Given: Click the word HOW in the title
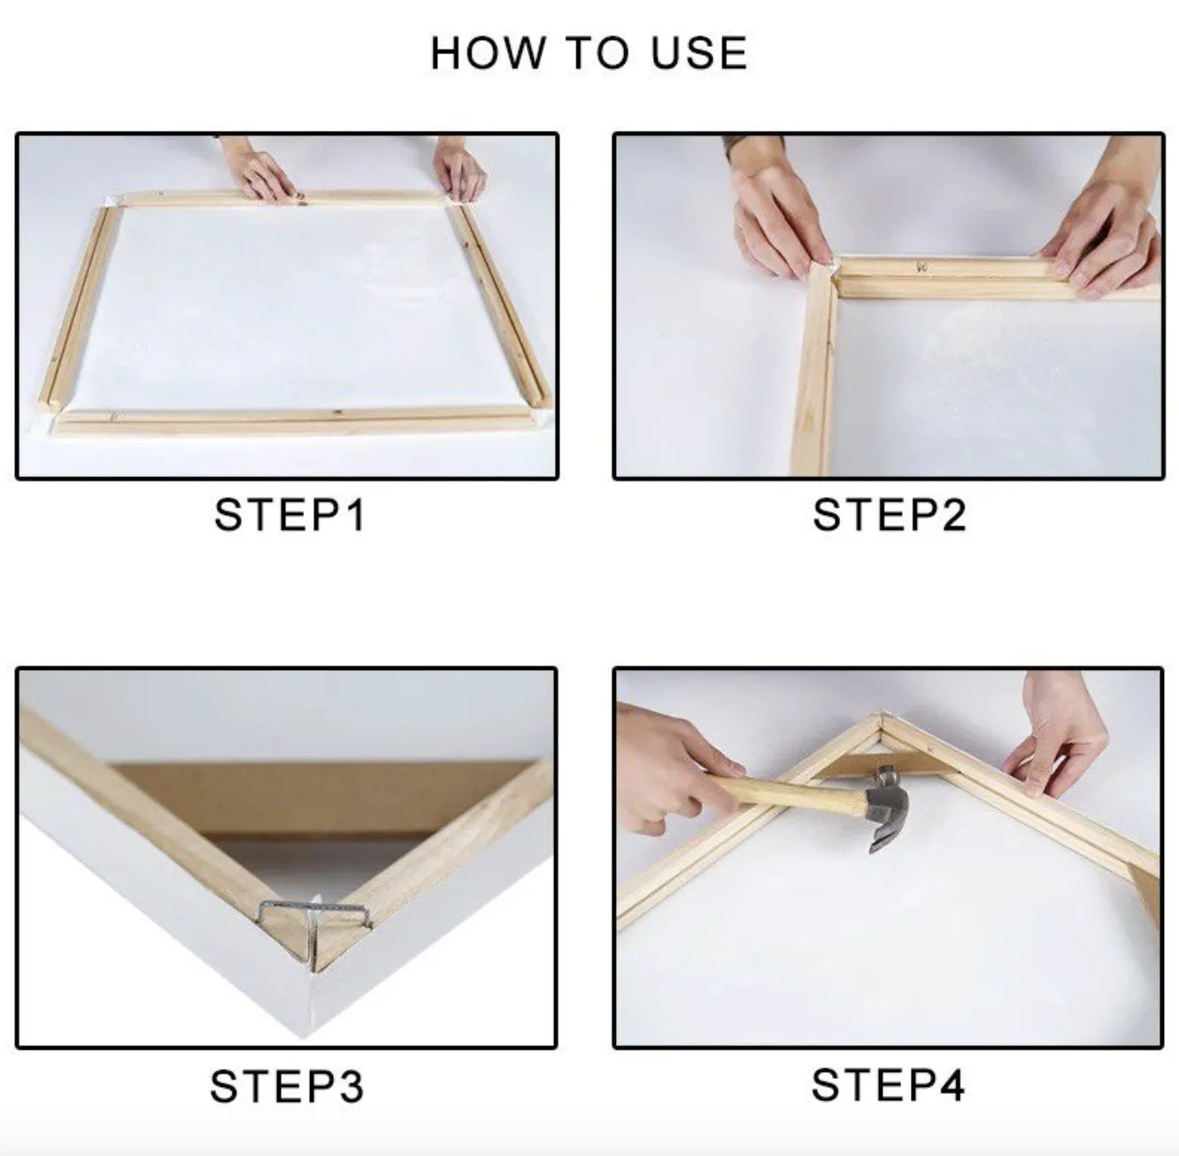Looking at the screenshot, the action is click(x=487, y=53).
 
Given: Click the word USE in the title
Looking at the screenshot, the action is click(x=699, y=53).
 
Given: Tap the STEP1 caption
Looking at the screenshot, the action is click(x=290, y=515).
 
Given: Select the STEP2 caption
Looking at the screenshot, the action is click(x=889, y=515).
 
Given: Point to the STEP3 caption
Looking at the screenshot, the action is click(x=287, y=1086).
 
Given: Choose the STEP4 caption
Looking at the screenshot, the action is click(x=889, y=1085).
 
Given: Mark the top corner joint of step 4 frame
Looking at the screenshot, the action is click(x=881, y=719).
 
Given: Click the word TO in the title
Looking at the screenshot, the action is click(x=597, y=53).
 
